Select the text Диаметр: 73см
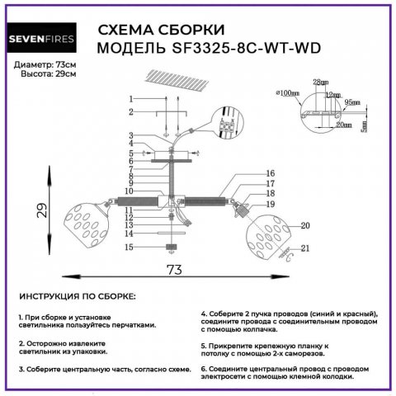[x=45, y=64]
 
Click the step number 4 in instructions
[x=204, y=314]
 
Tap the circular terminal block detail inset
[x=228, y=124]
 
